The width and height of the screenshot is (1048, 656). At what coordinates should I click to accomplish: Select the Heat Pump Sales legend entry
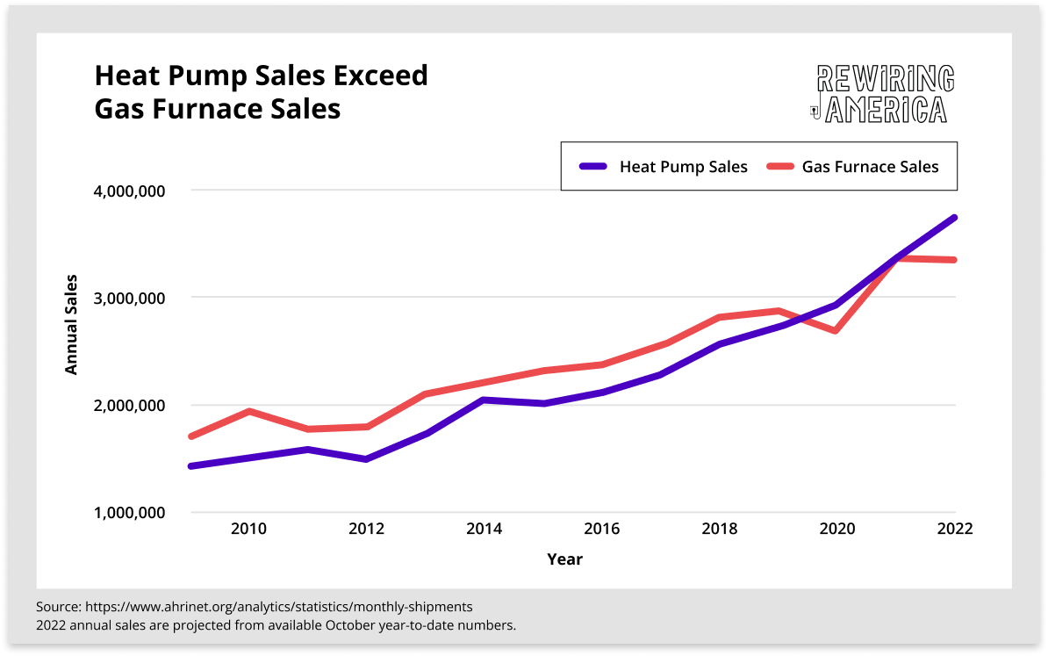[664, 167]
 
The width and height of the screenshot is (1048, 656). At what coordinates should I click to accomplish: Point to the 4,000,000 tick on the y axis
[128, 191]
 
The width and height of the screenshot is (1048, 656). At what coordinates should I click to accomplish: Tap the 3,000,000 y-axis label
[128, 298]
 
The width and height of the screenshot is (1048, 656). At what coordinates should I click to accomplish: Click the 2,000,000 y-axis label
[128, 406]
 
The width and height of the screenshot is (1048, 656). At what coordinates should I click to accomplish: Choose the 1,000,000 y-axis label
[128, 513]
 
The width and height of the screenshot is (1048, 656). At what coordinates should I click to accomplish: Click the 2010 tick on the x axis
[248, 529]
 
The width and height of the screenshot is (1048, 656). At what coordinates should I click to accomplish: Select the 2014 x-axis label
[484, 529]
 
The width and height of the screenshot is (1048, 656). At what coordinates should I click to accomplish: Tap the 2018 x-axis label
[719, 529]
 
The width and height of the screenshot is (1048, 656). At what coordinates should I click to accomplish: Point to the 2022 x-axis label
[954, 529]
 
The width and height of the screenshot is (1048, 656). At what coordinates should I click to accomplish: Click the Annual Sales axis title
[72, 325]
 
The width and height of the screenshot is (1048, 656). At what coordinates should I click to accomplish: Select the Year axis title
[564, 559]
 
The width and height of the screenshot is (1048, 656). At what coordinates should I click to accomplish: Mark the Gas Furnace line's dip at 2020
[836, 330]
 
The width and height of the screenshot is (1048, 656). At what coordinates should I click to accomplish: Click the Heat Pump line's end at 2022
[954, 217]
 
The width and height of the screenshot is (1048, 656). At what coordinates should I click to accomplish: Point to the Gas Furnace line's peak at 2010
[249, 411]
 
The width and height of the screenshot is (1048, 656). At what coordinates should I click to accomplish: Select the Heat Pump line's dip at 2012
[366, 458]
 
